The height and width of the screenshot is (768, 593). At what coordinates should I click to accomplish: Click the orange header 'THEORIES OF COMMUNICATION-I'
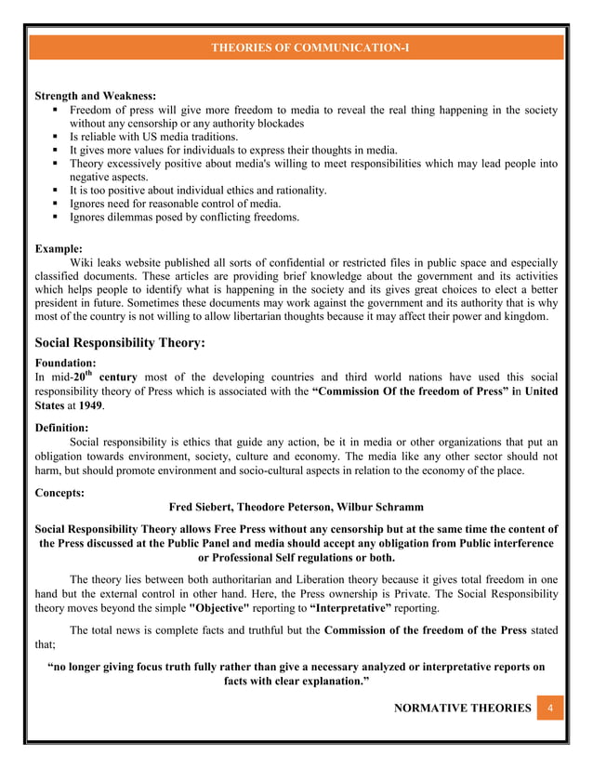(296, 46)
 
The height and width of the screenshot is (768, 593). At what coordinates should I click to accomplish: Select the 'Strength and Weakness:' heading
(95, 96)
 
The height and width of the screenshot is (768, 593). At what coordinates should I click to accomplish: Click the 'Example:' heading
(59, 249)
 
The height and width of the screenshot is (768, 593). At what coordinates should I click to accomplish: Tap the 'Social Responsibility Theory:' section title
(119, 343)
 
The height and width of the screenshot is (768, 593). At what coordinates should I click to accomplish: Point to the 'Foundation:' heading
(65, 363)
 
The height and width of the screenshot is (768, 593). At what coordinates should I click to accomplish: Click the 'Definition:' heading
(61, 427)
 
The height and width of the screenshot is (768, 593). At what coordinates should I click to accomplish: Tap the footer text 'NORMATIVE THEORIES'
(462, 708)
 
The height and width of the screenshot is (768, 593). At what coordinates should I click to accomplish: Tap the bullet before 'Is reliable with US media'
(57, 137)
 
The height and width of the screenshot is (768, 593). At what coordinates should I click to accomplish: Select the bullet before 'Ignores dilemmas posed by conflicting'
(57, 217)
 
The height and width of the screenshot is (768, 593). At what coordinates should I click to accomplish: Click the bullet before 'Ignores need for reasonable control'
(57, 204)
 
